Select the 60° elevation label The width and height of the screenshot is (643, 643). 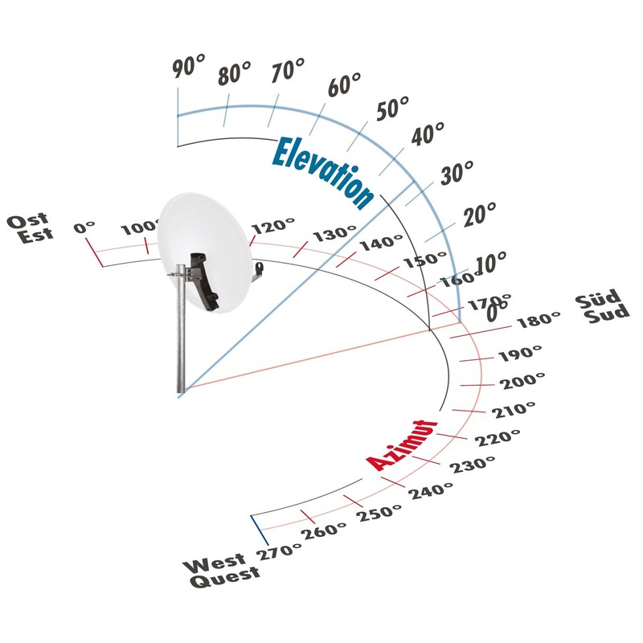(345, 85)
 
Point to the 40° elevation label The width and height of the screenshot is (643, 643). (428, 134)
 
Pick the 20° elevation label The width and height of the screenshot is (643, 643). (479, 215)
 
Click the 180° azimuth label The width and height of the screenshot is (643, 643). (539, 320)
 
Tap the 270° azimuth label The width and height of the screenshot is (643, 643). (279, 552)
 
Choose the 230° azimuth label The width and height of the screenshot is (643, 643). (473, 465)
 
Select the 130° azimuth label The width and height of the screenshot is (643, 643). (334, 234)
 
